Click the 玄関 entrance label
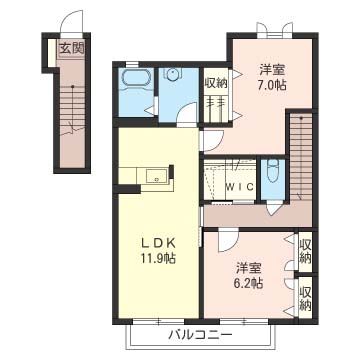point(71,49)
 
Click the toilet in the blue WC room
point(273,171)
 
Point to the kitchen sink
point(156,176)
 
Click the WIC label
point(239,187)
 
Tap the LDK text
point(157,244)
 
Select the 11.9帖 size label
point(157,258)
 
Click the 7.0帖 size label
point(272,85)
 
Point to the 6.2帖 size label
point(249,283)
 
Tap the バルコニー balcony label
point(199,334)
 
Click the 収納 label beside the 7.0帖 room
point(216,83)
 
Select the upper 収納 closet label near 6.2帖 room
point(305,251)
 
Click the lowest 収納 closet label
point(305,298)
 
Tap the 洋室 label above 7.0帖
point(272,70)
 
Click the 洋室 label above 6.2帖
point(249,268)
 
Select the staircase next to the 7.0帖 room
point(301,157)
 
